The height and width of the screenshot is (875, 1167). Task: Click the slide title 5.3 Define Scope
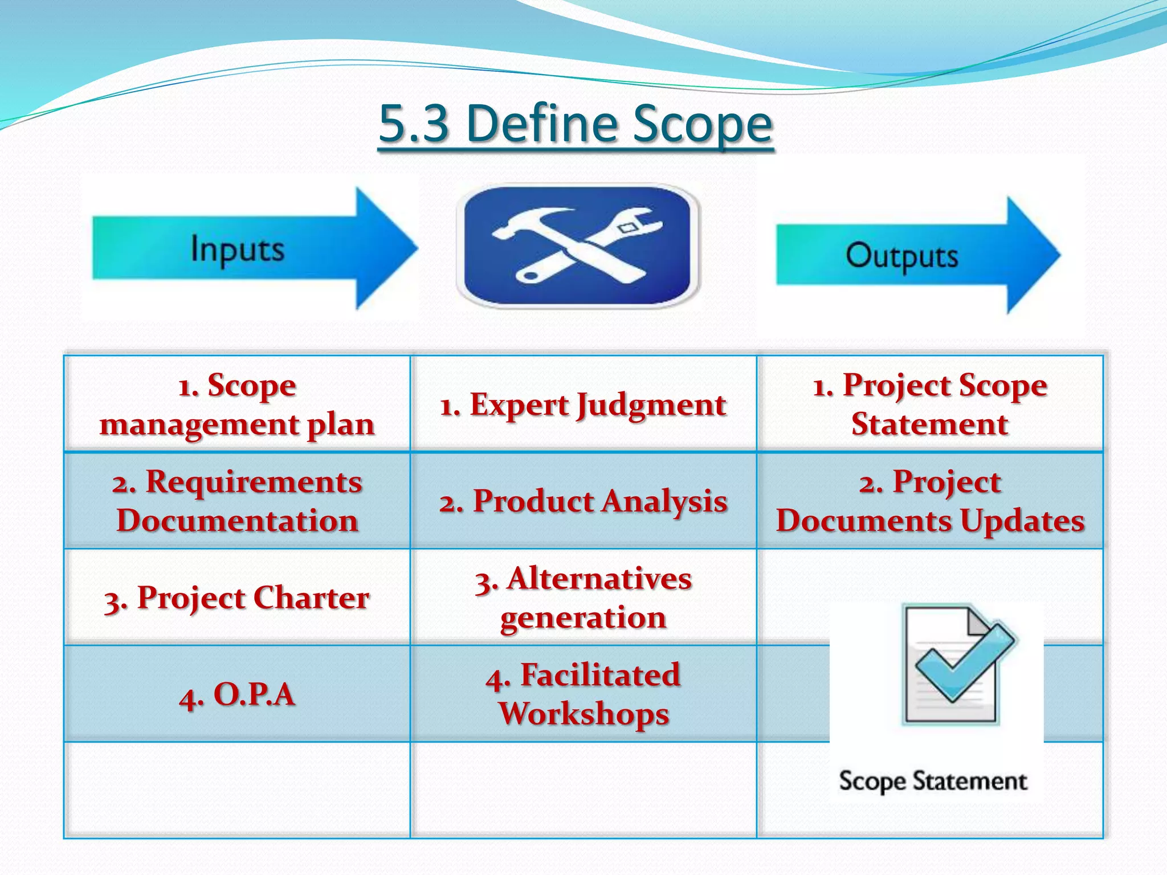coord(576,124)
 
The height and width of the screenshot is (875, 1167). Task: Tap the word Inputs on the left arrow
coord(237,249)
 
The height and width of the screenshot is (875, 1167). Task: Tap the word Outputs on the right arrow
coord(901,256)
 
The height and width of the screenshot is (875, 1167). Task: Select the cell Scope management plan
coord(237,404)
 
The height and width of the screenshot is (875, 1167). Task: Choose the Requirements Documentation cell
coord(237,501)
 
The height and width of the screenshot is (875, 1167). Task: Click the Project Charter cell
coord(237,598)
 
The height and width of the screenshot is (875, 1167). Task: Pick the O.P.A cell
coord(237,694)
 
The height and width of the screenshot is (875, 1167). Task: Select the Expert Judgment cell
coord(583,405)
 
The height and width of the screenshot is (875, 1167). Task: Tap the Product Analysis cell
coord(583,501)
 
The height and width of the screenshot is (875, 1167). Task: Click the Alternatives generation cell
coord(583,598)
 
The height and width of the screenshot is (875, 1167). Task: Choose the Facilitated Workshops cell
coord(583,694)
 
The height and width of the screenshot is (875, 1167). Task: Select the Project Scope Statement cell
coord(930,404)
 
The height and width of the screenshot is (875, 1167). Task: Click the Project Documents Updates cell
coord(930,501)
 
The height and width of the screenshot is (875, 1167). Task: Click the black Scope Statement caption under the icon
coord(933,780)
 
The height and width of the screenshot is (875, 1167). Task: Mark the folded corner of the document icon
coord(979,621)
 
